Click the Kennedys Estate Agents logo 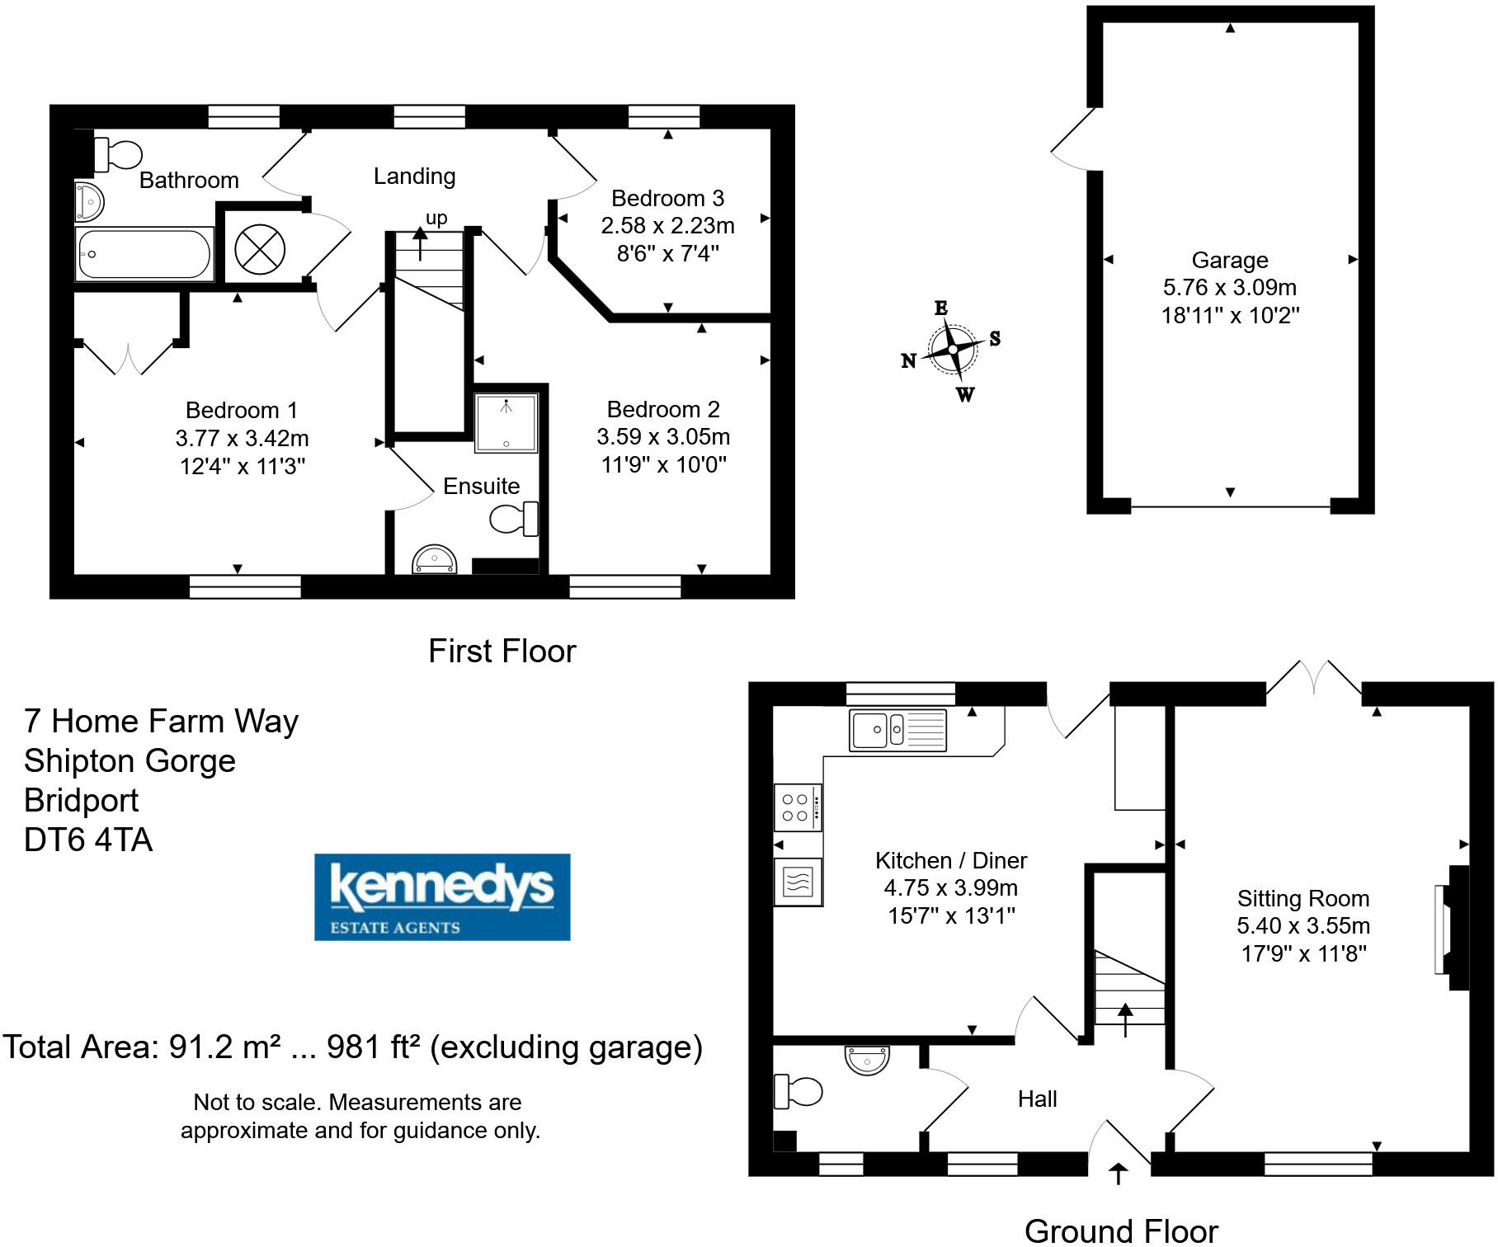point(442,896)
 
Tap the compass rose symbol point(953,350)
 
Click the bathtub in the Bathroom point(144,254)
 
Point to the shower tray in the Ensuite point(506,423)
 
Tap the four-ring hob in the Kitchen point(797,807)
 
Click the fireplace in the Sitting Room point(1453,927)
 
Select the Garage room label point(1229,261)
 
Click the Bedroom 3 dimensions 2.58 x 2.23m point(667,226)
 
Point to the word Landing point(414,176)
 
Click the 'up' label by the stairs point(436,218)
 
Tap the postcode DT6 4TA point(88,840)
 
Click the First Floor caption point(502,652)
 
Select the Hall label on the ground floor point(1037,1099)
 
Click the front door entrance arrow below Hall point(1118,1173)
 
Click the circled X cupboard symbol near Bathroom point(260,248)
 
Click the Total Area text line point(353,1047)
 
